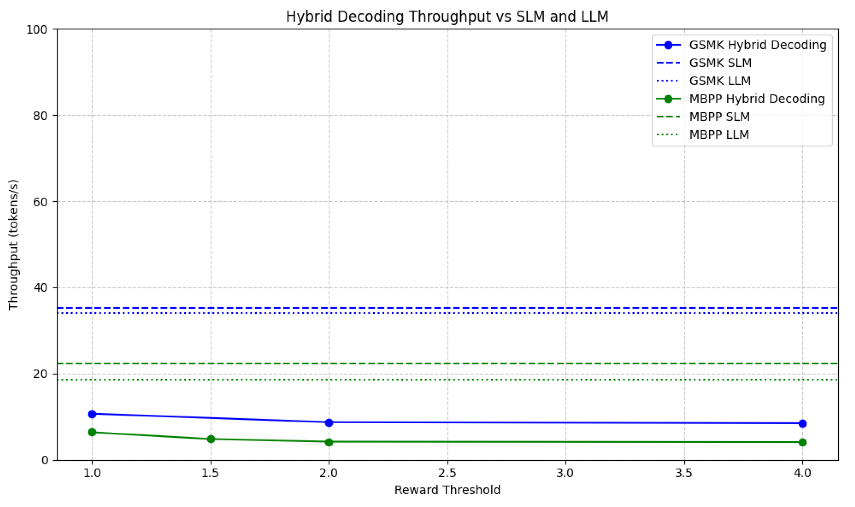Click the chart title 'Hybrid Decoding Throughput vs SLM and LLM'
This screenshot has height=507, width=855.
coord(447,17)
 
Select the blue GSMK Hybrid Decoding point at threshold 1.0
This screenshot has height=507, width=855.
coord(92,414)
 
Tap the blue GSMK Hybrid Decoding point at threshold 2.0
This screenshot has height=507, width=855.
coord(329,423)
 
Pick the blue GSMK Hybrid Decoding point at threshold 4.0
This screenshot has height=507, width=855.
coord(802,424)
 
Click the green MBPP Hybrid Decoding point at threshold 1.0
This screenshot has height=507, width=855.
coord(92,432)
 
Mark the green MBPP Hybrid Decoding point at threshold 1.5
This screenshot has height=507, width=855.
coord(211,439)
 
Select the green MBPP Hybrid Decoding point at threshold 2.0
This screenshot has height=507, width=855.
coord(329,442)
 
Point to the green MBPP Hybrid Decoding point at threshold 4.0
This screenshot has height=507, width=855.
coord(802,442)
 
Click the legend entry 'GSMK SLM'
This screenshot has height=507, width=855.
coord(720,63)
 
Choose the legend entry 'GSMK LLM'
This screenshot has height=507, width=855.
coord(720,81)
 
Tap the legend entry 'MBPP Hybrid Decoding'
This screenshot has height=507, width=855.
coord(757,99)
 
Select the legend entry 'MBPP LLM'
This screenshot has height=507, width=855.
coord(719,135)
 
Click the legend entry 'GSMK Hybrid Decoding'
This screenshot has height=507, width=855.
coord(758,45)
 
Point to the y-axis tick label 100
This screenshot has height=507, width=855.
coord(37,29)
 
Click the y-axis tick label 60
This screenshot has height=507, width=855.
coord(40,202)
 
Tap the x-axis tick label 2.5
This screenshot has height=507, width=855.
coord(448,473)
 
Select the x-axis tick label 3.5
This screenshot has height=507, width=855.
coord(684,473)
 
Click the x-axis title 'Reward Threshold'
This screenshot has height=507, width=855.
coord(447,490)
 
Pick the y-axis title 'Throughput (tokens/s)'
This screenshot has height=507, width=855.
coord(14,244)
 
